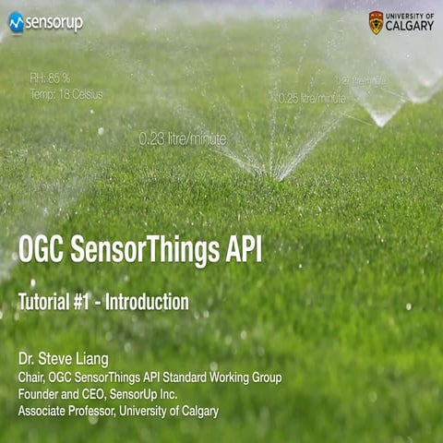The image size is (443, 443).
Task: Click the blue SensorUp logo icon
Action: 16,22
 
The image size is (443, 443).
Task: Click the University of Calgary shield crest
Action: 376,22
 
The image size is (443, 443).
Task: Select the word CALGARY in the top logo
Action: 410,27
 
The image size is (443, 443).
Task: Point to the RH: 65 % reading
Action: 50,79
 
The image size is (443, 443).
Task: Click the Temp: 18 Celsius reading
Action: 66,94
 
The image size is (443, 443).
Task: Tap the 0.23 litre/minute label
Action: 182,138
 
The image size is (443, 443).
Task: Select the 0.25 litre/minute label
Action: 312,98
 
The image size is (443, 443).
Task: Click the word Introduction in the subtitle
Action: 147,302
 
